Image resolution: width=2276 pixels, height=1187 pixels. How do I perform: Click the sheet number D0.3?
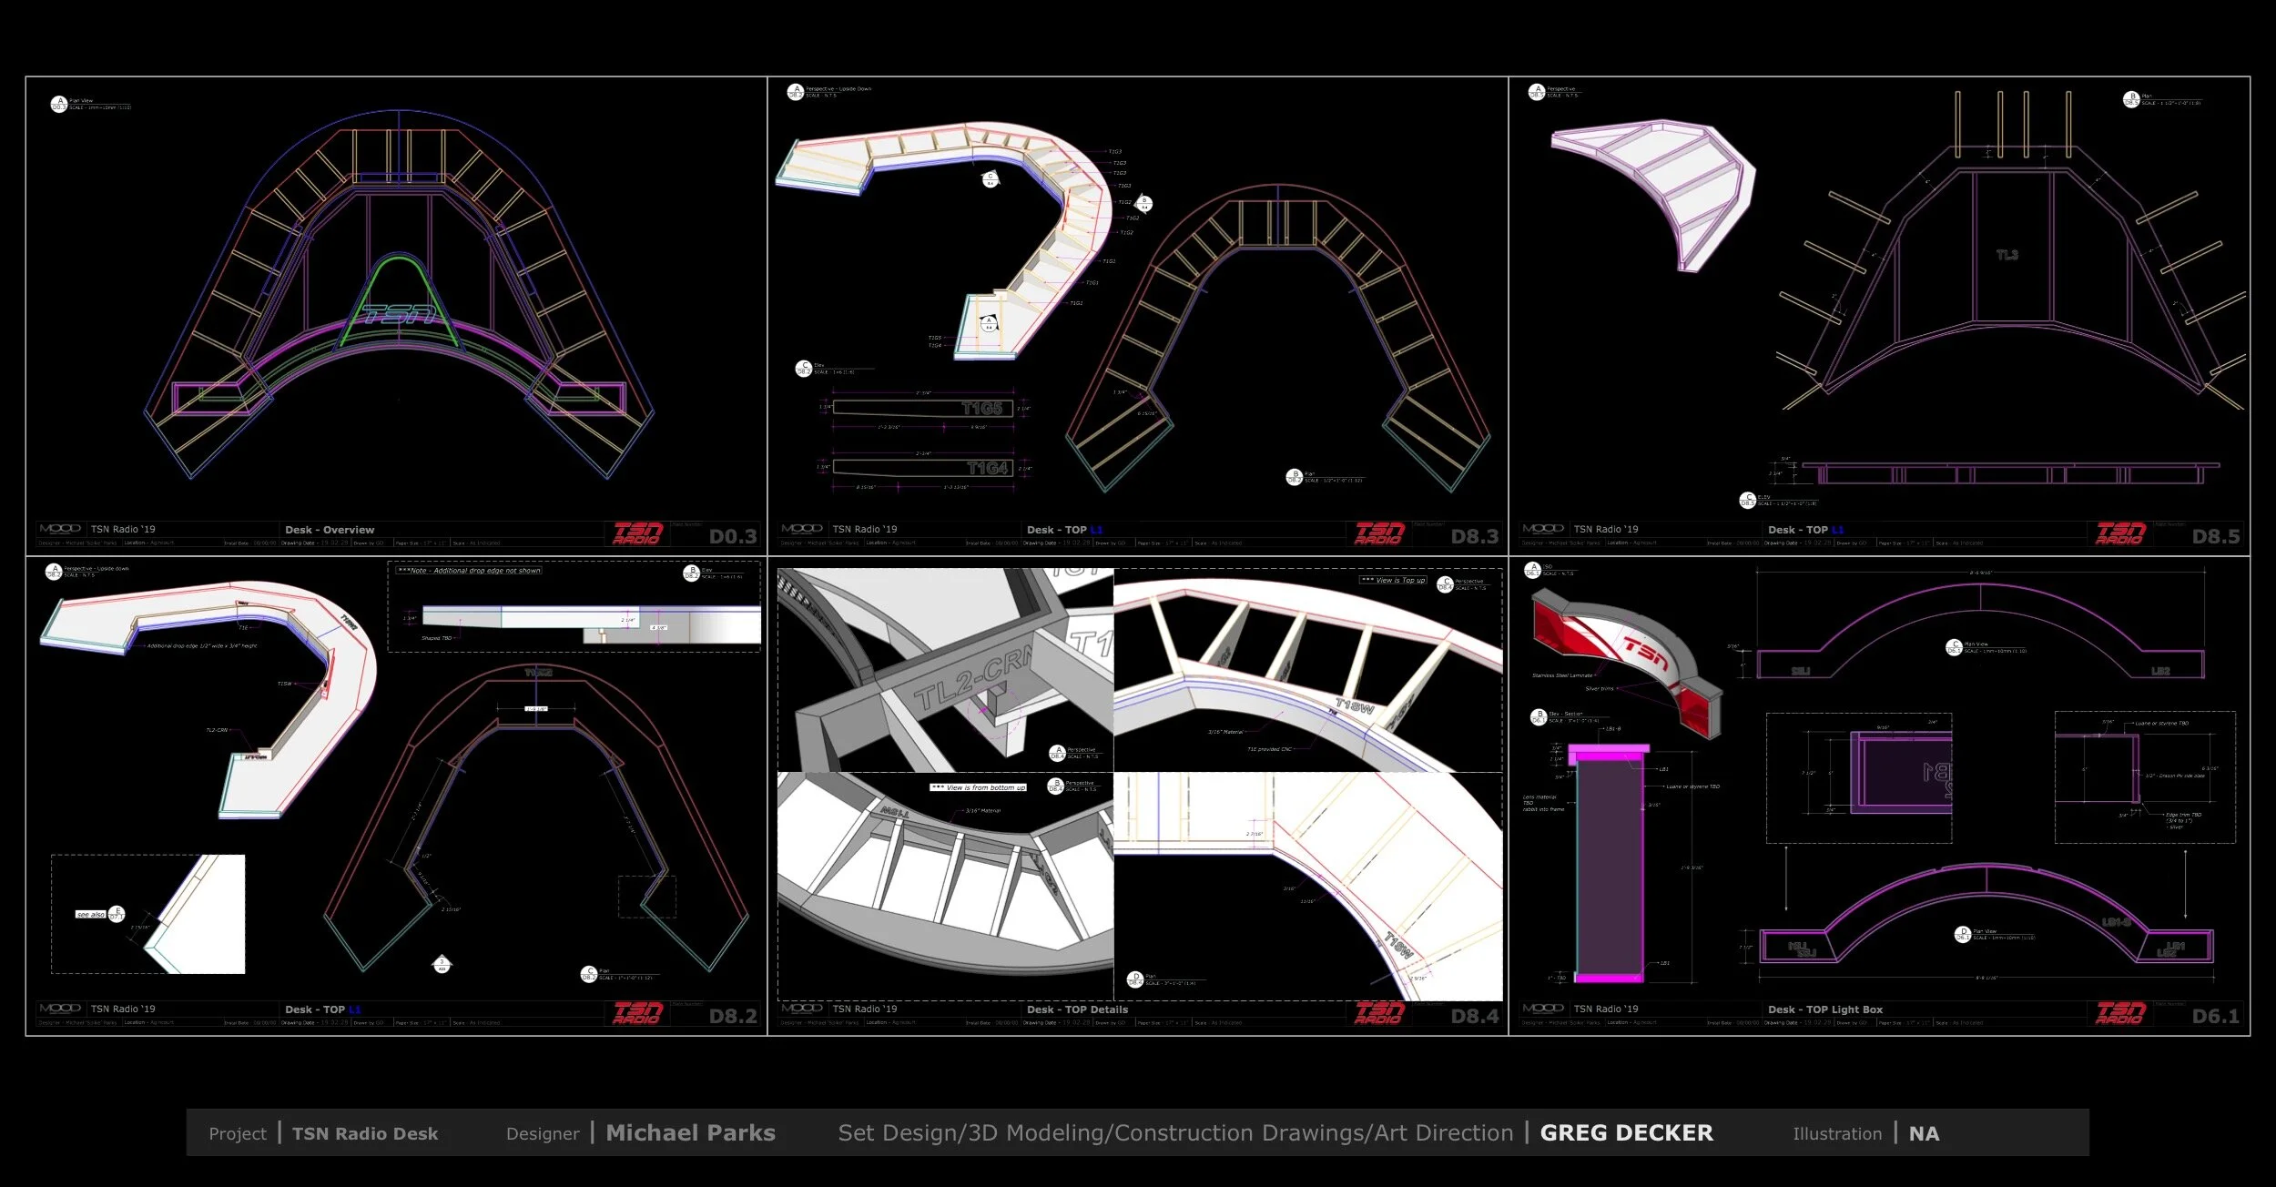[x=733, y=537]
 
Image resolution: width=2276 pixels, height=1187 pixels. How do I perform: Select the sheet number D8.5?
[x=2216, y=537]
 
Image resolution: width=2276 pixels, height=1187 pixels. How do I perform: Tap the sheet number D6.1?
[x=2216, y=1017]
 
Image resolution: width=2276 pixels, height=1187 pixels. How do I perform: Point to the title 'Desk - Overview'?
[x=330, y=530]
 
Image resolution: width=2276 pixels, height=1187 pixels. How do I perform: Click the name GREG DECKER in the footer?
[x=1626, y=1133]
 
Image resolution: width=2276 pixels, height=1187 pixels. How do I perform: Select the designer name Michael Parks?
[x=690, y=1133]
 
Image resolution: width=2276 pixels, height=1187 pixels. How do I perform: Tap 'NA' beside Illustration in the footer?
[x=1924, y=1134]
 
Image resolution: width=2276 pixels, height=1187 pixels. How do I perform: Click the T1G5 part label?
[x=982, y=409]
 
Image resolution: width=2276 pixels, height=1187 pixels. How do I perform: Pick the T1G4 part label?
[x=987, y=468]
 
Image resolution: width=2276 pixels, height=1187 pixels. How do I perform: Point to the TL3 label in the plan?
[x=2007, y=255]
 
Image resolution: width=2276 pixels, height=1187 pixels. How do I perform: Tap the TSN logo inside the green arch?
[x=398, y=315]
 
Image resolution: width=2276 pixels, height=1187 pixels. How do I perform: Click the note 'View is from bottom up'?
[x=978, y=787]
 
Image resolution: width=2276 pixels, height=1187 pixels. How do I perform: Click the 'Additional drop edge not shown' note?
[x=470, y=571]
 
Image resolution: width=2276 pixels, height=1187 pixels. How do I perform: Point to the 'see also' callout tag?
[x=90, y=915]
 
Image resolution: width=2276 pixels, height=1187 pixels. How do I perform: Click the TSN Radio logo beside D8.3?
[x=1380, y=533]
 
